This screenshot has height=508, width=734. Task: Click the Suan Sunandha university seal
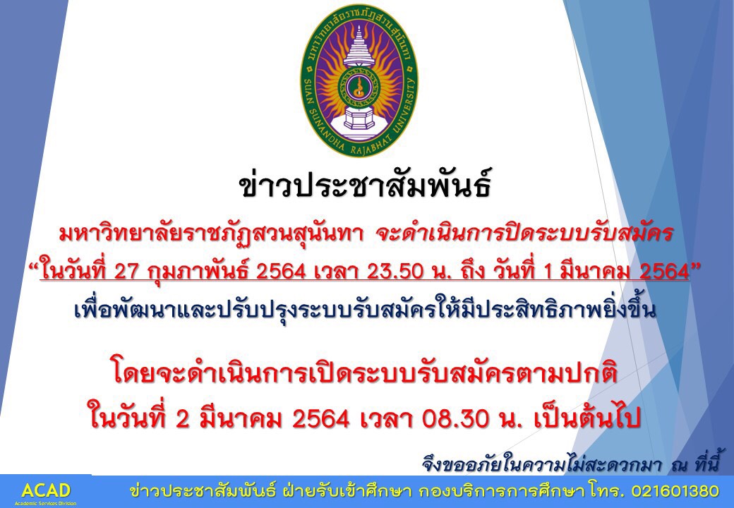pyautogui.click(x=359, y=80)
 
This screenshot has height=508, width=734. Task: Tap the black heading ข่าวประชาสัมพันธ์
pyautogui.click(x=366, y=186)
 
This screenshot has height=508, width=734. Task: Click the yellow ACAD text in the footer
pyautogui.click(x=46, y=490)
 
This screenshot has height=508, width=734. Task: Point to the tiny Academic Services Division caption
pyautogui.click(x=45, y=503)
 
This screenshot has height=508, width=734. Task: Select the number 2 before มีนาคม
pyautogui.click(x=183, y=419)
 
